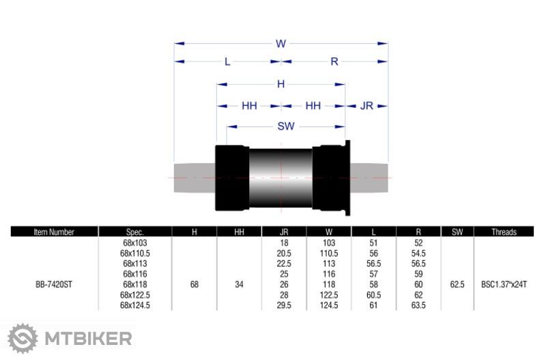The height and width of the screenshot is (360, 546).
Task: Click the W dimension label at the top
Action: [x=281, y=44]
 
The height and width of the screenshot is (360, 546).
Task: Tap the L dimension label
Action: [x=227, y=62]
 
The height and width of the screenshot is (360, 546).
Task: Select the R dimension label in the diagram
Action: [x=334, y=61]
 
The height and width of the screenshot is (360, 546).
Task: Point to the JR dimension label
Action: [x=367, y=106]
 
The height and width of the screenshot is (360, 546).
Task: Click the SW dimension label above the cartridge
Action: [x=286, y=126]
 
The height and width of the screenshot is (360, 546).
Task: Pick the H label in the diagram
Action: [x=281, y=84]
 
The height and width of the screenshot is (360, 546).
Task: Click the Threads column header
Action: [x=504, y=232]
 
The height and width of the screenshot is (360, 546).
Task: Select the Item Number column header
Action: [x=54, y=232]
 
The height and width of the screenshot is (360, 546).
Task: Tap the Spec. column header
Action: [x=134, y=232]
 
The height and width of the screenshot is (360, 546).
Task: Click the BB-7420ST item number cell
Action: [x=54, y=284]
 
